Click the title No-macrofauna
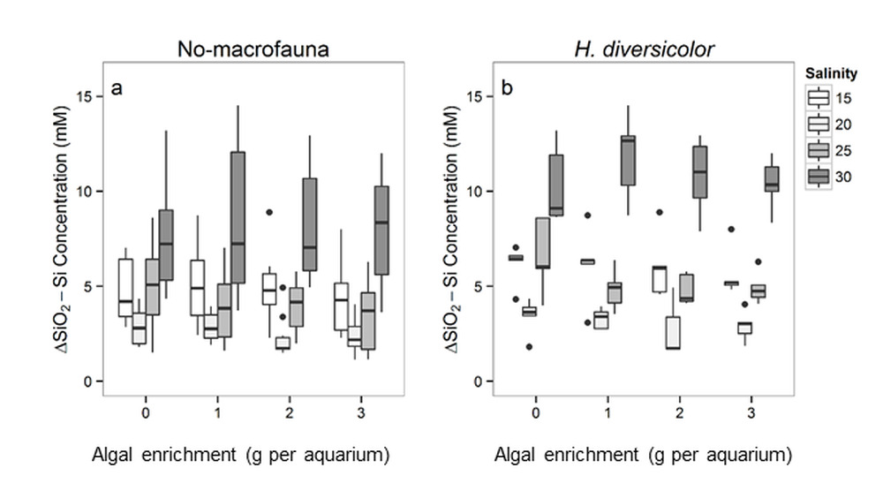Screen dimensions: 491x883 coord(253,49)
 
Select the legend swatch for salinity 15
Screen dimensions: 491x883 coord(820,97)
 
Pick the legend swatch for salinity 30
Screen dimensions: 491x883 coord(820,177)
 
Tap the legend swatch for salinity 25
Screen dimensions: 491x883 coord(820,150)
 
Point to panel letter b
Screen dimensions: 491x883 coord(507,88)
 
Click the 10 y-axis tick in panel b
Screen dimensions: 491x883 coord(480,192)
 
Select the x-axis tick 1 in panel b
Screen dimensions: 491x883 coord(608,412)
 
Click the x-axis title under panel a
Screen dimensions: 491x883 coord(241,455)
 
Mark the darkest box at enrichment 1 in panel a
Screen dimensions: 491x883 coord(238,218)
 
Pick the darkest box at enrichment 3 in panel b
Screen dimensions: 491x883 coord(772,179)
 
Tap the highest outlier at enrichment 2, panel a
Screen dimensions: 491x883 coord(269,212)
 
